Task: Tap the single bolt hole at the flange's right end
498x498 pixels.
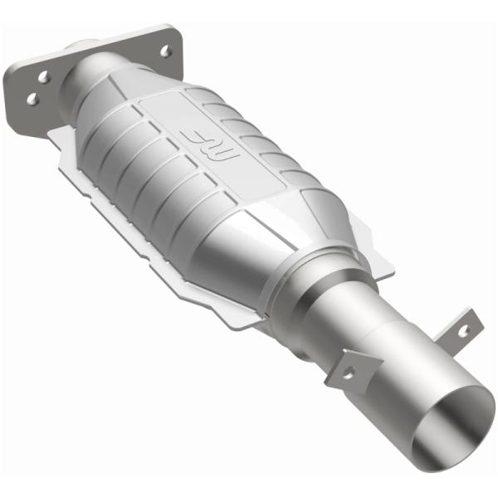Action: tap(166, 51)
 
